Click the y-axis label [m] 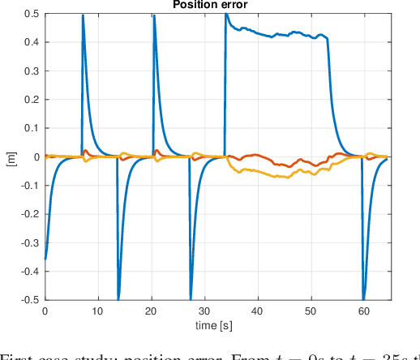(x=10, y=157)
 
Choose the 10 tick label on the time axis (x=98, y=311)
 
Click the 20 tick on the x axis (x=151, y=311)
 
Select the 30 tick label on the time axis (x=204, y=311)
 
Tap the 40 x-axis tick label (x=258, y=311)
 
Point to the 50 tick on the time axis (x=311, y=311)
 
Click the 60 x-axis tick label (x=365, y=311)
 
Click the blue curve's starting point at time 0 (x=45, y=259)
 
